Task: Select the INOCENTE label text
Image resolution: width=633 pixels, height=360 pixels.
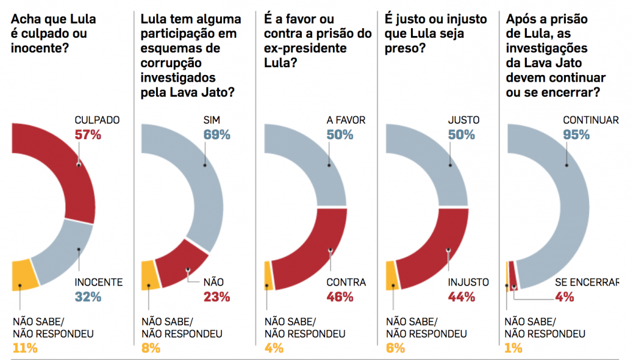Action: (x=98, y=282)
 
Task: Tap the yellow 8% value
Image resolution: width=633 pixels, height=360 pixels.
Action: (x=151, y=347)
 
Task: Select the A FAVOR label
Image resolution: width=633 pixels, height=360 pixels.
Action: (x=346, y=120)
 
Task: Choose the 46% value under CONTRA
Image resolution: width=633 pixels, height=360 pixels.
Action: (x=340, y=296)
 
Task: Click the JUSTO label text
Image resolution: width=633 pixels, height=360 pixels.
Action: (x=464, y=120)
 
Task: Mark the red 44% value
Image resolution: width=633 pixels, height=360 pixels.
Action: (x=461, y=296)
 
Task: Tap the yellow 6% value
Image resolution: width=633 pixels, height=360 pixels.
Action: (x=395, y=347)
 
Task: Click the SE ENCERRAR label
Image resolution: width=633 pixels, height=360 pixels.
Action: (x=586, y=282)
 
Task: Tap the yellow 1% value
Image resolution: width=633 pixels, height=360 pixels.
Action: (x=513, y=347)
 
